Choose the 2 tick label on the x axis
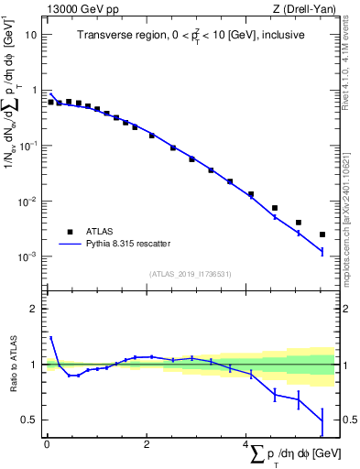pos(147,445)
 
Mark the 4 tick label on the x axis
pos(245,445)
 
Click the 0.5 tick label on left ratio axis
pos(29,420)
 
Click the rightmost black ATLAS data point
pos(322,234)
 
